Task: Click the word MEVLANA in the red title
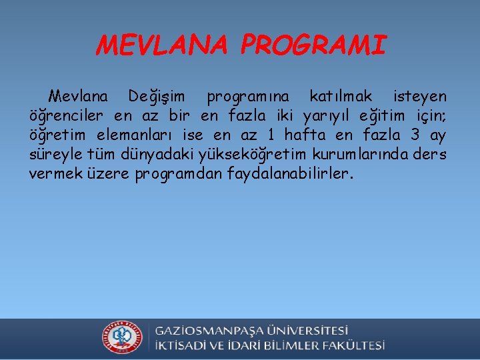(x=161, y=45)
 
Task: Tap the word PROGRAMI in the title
(x=313, y=45)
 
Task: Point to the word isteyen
(x=420, y=97)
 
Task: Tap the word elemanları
(x=139, y=136)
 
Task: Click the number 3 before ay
(x=415, y=136)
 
